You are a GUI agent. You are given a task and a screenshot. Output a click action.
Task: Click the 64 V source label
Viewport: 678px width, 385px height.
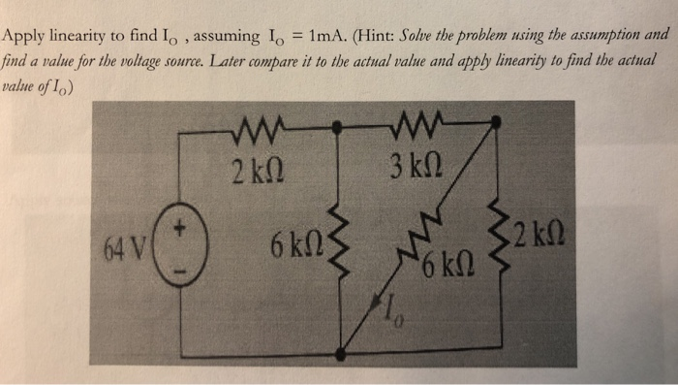123,240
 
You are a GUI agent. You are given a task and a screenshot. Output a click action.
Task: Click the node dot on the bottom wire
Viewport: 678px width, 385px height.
339,355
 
